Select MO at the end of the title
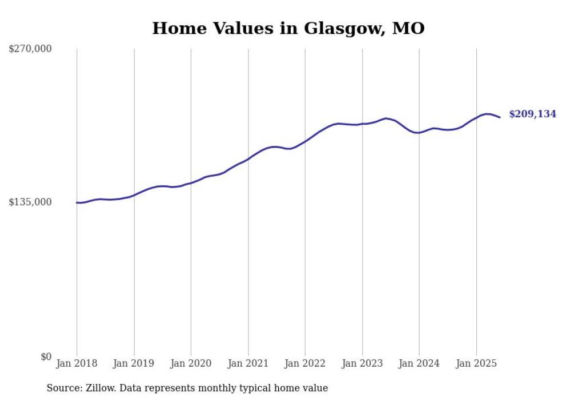(x=408, y=28)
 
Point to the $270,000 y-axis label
(x=30, y=49)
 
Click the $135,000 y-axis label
(x=30, y=202)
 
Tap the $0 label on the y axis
(x=46, y=357)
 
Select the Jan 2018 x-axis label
(x=77, y=363)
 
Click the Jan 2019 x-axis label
(x=134, y=363)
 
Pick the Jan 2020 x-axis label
(x=191, y=363)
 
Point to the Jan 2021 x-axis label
(x=248, y=363)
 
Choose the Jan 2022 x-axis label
(x=305, y=363)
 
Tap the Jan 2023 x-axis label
(x=362, y=363)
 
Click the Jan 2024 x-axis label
(x=419, y=363)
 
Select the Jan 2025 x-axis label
(x=476, y=363)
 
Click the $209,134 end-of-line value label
(x=532, y=114)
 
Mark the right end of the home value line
(x=500, y=117)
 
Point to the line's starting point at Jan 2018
(x=77, y=203)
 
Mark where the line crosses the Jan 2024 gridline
(x=419, y=133)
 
